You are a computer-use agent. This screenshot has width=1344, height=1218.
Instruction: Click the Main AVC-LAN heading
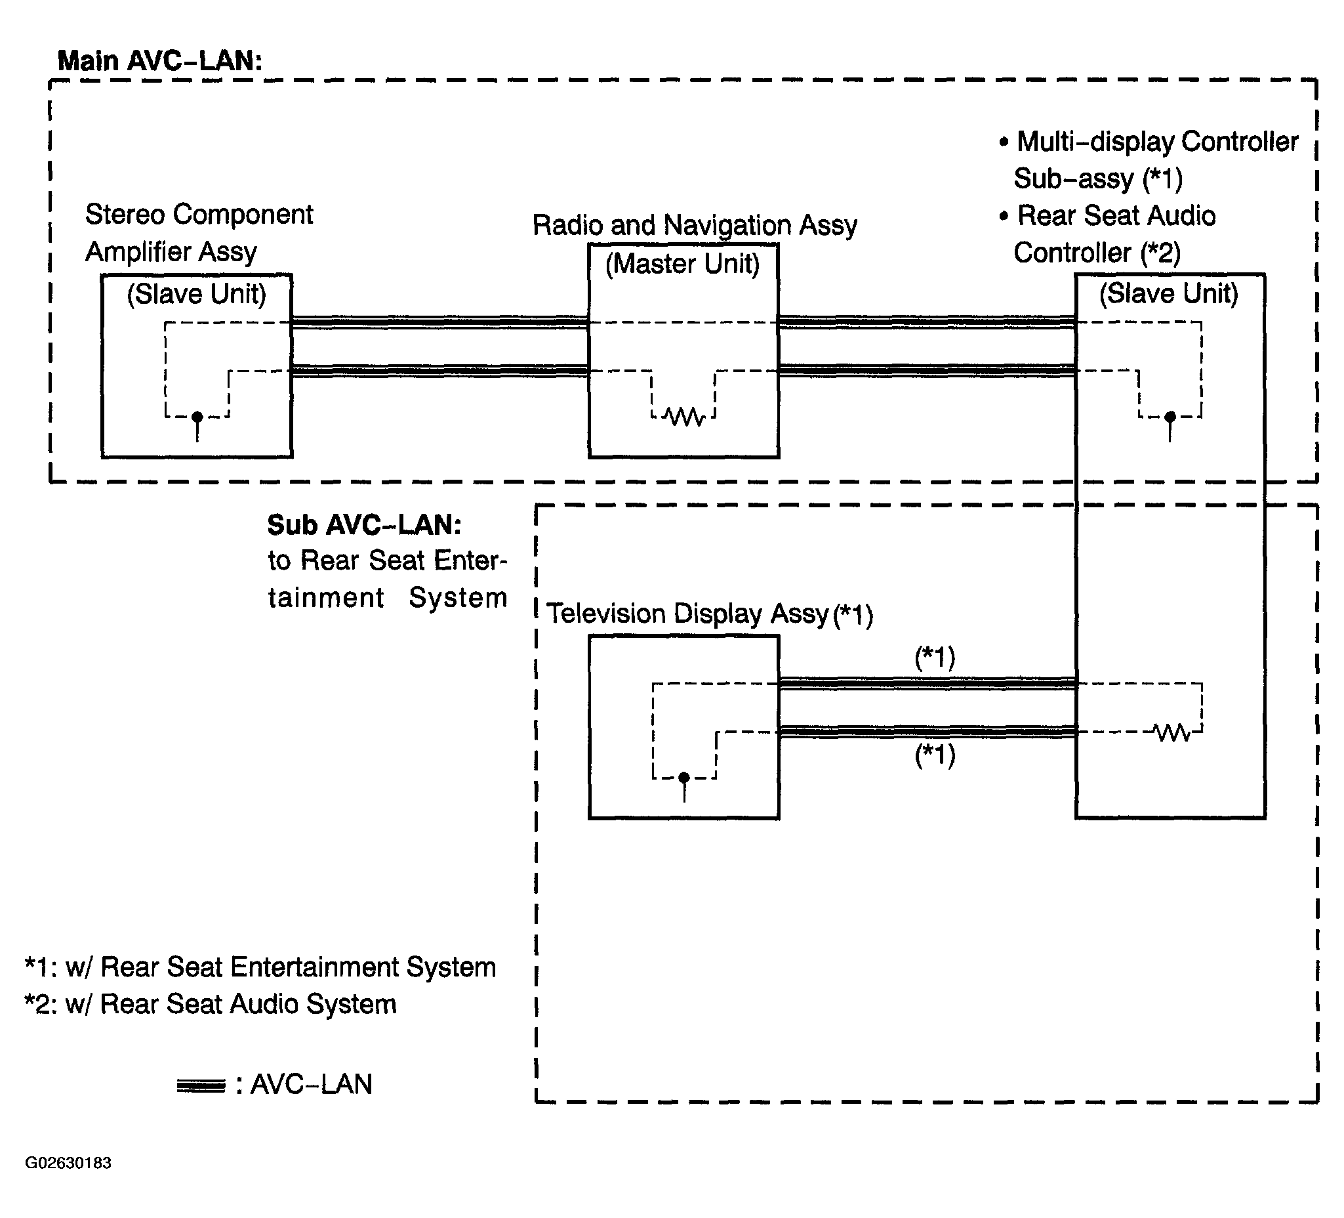pos(160,60)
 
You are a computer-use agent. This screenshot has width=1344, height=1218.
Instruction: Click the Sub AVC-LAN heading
pos(365,525)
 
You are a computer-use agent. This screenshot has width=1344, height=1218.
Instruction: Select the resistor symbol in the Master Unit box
pos(684,417)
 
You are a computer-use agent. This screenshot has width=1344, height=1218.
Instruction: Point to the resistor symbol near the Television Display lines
pos(1172,733)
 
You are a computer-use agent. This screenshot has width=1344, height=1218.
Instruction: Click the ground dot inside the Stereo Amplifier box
pos(197,417)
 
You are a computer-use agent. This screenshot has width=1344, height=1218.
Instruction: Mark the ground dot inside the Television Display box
pos(684,778)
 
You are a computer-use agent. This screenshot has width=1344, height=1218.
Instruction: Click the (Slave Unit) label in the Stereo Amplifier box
pos(197,294)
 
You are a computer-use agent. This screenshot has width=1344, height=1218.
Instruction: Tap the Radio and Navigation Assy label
pos(695,226)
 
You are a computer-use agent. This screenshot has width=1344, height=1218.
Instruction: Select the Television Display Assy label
pos(710,614)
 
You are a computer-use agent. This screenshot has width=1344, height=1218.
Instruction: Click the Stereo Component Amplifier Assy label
pos(199,233)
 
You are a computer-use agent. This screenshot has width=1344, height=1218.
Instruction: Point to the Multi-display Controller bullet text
pos(1149,160)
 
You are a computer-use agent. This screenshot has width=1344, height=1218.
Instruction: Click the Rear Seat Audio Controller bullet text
pos(1107,234)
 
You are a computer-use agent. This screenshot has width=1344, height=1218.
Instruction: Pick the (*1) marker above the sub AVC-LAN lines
pos(935,658)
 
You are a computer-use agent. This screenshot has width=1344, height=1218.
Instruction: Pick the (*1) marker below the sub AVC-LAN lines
pos(935,755)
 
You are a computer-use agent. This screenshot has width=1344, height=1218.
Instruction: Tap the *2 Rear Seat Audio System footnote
pos(211,1004)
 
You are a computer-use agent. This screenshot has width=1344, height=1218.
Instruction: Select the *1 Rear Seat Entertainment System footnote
pos(260,967)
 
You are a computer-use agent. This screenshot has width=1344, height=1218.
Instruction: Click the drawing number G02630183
pos(68,1163)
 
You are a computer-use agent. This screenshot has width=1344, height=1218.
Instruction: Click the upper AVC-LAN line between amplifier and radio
pos(440,322)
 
